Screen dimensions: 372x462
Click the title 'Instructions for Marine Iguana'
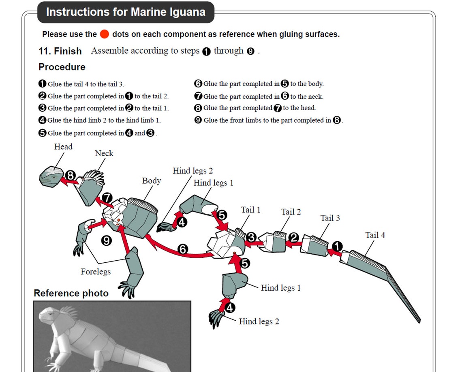[126, 12]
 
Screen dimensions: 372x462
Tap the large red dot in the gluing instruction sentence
[105, 34]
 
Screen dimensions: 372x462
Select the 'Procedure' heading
[62, 67]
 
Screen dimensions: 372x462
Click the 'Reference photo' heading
[71, 293]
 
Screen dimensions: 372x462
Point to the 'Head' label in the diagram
[63, 147]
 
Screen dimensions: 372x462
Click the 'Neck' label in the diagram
[104, 153]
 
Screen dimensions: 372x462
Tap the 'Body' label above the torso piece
[151, 181]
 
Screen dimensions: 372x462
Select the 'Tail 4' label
[375, 235]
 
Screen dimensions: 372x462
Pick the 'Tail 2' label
[291, 212]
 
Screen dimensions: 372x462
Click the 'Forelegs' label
[96, 271]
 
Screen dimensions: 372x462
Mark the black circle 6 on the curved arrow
[183, 250]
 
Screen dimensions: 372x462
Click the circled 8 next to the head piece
[71, 176]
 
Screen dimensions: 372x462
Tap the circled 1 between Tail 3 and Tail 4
[337, 246]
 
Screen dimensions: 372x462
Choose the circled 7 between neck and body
[107, 198]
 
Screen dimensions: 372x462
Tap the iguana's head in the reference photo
[49, 318]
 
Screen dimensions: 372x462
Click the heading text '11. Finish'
[60, 51]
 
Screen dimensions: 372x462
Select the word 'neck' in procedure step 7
[314, 96]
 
